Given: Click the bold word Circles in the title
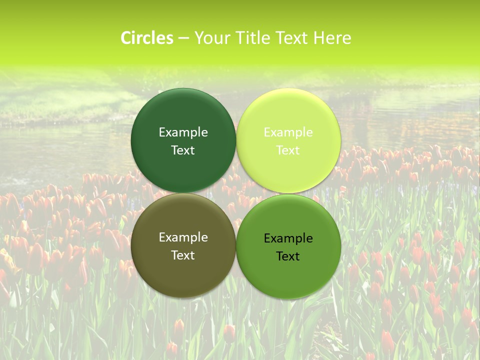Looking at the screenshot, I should pyautogui.click(x=147, y=38).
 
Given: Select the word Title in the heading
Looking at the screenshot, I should pyautogui.click(x=253, y=38).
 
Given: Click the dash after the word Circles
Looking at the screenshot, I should pyautogui.click(x=183, y=38).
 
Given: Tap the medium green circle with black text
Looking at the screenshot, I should pyautogui.click(x=288, y=272).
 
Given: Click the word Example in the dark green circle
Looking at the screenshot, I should pyautogui.click(x=183, y=132).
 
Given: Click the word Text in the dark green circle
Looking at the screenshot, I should pyautogui.click(x=183, y=150).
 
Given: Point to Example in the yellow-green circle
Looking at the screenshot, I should pyautogui.click(x=288, y=132).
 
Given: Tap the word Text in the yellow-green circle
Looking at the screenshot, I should pyautogui.click(x=288, y=150).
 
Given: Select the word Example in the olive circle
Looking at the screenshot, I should pyautogui.click(x=183, y=237).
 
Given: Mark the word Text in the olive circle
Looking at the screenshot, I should pyautogui.click(x=183, y=255).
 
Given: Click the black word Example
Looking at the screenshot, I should pyautogui.click(x=288, y=238).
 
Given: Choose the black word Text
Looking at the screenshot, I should pyautogui.click(x=288, y=256).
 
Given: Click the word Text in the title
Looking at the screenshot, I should pyautogui.click(x=291, y=38).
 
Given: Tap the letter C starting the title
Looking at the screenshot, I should pyautogui.click(x=126, y=38).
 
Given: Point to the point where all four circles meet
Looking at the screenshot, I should pyautogui.click(x=236, y=193).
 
